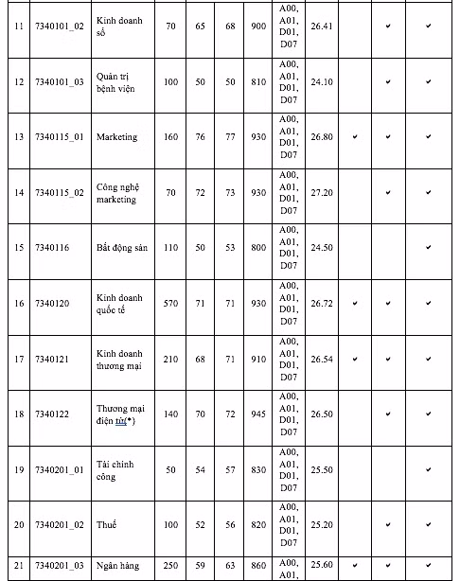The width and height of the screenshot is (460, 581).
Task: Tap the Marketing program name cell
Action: [x=116, y=137]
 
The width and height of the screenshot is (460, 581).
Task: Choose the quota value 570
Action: [x=170, y=304]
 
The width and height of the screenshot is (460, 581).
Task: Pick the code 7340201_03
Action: [x=59, y=566]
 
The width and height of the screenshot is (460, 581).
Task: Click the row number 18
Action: [x=18, y=414]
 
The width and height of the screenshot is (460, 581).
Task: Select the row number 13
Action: [x=18, y=137]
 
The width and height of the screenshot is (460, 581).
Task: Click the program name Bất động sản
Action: [x=124, y=248]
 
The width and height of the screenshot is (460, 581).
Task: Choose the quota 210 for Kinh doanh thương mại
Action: [x=170, y=360]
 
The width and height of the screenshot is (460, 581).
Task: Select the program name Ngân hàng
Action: [x=117, y=566]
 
